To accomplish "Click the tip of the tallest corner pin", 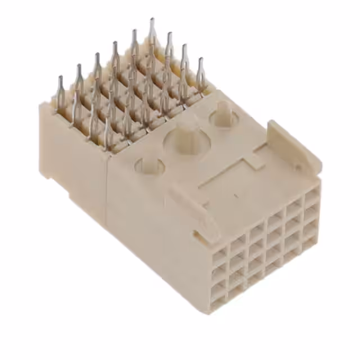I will [x=152, y=21].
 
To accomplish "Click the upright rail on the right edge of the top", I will [x=292, y=143].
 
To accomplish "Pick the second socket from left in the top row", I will [x=238, y=236].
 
